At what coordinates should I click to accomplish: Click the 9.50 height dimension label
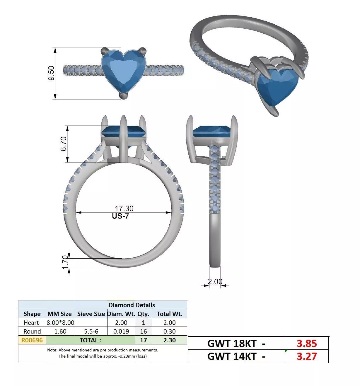click(x=52, y=73)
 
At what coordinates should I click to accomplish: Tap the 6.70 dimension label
click(x=64, y=144)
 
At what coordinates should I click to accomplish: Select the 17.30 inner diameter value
click(x=124, y=209)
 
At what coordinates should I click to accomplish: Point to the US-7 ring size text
click(x=120, y=216)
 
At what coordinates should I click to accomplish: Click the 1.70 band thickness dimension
click(x=65, y=261)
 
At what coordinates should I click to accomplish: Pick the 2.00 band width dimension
click(x=215, y=281)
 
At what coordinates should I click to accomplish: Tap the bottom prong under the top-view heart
click(x=123, y=95)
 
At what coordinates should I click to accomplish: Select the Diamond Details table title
click(x=132, y=305)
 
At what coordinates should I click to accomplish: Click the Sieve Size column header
click(x=91, y=314)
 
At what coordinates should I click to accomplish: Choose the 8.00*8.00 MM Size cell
click(x=60, y=322)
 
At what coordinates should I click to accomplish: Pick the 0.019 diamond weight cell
click(x=121, y=331)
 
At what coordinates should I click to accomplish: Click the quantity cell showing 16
click(x=143, y=331)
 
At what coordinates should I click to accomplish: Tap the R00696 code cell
click(x=32, y=340)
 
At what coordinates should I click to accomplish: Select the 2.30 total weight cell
click(x=170, y=340)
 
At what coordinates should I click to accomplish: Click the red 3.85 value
click(x=307, y=343)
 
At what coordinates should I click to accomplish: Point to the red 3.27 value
click(x=307, y=356)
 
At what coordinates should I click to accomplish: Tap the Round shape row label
click(x=32, y=331)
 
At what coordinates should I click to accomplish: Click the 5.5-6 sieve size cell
click(x=91, y=331)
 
